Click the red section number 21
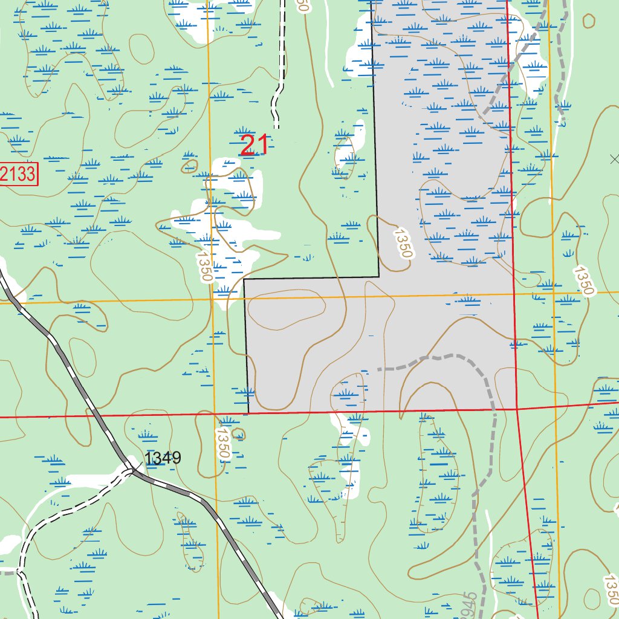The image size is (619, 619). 254,145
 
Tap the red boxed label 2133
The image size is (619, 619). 19,175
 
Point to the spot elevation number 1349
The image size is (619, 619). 163,458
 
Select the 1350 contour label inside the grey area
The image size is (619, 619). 402,243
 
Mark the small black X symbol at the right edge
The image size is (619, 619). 615,160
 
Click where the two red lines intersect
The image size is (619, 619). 517,409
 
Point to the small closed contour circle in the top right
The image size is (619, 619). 588,20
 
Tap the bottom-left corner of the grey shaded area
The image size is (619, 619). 248,413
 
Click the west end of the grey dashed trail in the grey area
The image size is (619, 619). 379,369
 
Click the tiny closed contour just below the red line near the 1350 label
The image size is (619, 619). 239,434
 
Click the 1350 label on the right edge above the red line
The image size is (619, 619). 583,280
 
